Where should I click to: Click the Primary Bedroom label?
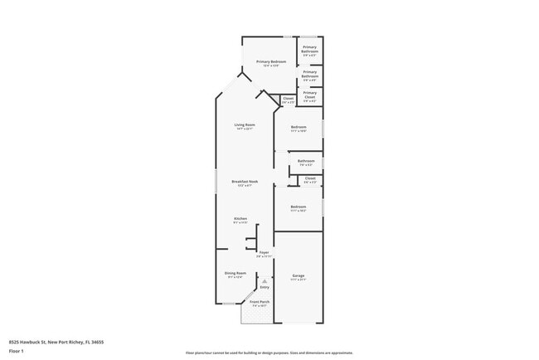(x=271, y=62)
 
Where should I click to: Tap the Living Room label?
(x=244, y=124)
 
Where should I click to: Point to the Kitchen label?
(x=240, y=218)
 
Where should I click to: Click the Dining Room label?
(x=235, y=273)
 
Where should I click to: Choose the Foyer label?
(x=264, y=252)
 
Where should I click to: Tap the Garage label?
(x=299, y=275)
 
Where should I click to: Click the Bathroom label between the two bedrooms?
(x=306, y=160)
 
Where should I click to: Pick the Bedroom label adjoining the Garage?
(x=299, y=207)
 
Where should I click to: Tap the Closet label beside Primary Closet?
(x=289, y=98)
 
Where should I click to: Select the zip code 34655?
(x=98, y=342)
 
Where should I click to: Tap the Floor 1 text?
(x=16, y=351)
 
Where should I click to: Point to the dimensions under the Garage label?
(x=299, y=280)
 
